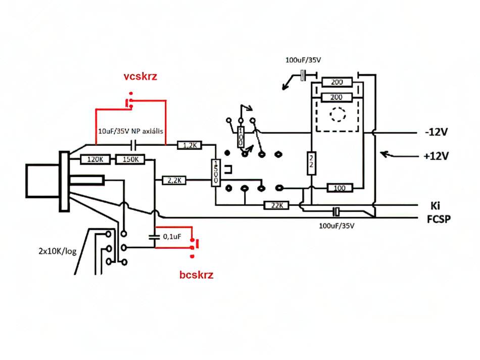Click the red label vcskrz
click(140, 76)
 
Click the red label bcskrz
click(196, 275)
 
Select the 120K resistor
click(95, 160)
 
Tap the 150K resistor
click(130, 160)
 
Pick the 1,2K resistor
click(190, 145)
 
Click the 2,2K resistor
click(174, 180)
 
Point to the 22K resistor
click(276, 205)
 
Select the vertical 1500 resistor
click(216, 173)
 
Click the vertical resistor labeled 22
click(311, 163)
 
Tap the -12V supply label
click(436, 132)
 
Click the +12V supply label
click(436, 157)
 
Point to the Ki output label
click(435, 205)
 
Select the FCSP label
click(439, 219)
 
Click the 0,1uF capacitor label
click(172, 236)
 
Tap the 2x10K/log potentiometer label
click(57, 251)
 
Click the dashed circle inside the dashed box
click(338, 115)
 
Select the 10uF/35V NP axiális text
click(130, 131)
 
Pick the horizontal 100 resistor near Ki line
click(340, 188)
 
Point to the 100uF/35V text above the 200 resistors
click(303, 60)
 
